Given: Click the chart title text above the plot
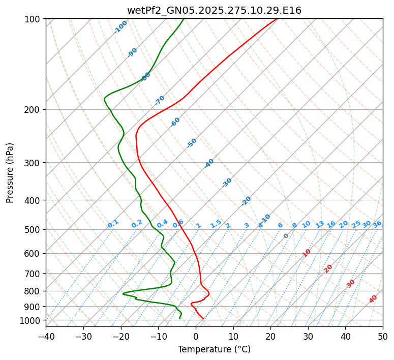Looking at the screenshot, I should click(214, 10).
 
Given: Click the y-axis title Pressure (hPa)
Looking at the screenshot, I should click(10, 172).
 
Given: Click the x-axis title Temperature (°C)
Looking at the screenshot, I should click(214, 350).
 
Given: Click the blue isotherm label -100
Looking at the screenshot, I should click(121, 26).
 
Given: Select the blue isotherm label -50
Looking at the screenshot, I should click(192, 143).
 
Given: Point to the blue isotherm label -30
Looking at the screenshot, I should click(227, 183).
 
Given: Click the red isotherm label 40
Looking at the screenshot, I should click(373, 299).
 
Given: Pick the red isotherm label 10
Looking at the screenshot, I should click(307, 253).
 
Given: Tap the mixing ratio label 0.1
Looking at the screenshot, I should click(113, 224).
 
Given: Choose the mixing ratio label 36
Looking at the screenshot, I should click(377, 224).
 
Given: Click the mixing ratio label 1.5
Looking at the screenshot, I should click(216, 224).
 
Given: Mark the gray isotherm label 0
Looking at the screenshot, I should click(286, 236).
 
